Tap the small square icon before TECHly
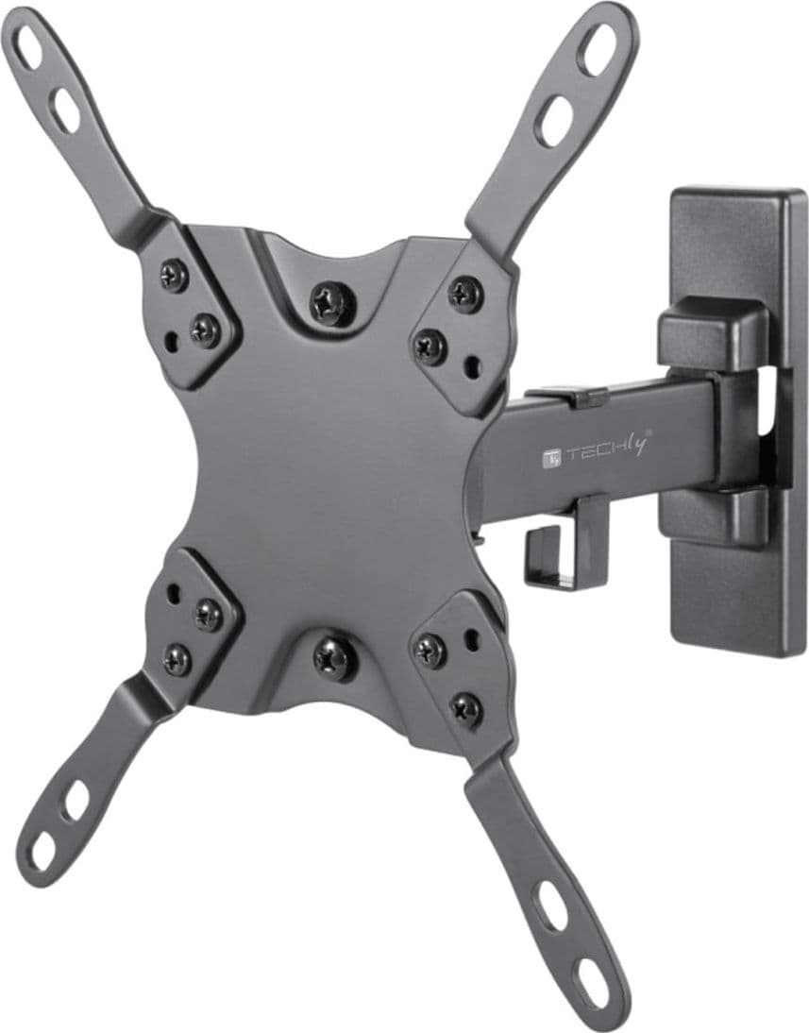(551, 458)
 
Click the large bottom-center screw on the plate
(336, 657)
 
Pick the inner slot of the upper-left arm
(66, 110)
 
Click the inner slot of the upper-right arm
(555, 121)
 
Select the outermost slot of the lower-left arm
(42, 850)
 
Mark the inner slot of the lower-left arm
(76, 801)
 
